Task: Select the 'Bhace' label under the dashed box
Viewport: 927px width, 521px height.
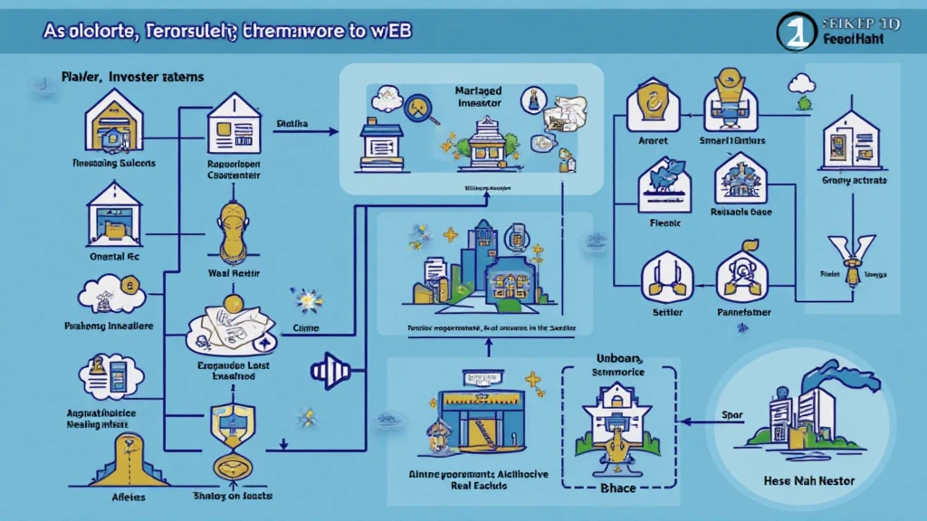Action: (x=618, y=488)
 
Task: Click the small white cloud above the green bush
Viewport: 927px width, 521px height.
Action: (x=800, y=83)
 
